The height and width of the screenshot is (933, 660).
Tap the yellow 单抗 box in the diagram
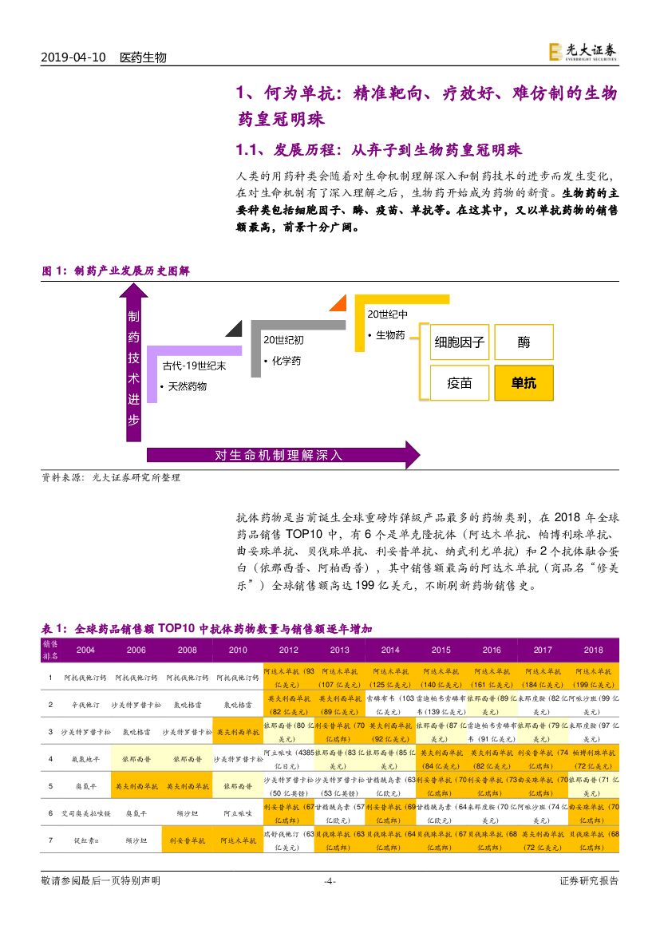524,382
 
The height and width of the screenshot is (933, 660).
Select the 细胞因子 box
459,342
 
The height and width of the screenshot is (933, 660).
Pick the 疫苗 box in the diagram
459,382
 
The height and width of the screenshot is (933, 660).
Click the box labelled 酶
524,342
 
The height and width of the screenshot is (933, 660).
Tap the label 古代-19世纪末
194,366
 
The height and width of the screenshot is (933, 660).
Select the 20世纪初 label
283,340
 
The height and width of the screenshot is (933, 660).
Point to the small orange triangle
338,304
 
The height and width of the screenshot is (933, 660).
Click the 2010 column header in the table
238,650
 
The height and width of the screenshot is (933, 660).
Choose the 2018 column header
593,650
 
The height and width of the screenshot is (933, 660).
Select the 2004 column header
85,650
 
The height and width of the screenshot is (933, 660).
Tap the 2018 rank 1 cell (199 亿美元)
593,678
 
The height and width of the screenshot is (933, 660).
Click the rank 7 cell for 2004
85,840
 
